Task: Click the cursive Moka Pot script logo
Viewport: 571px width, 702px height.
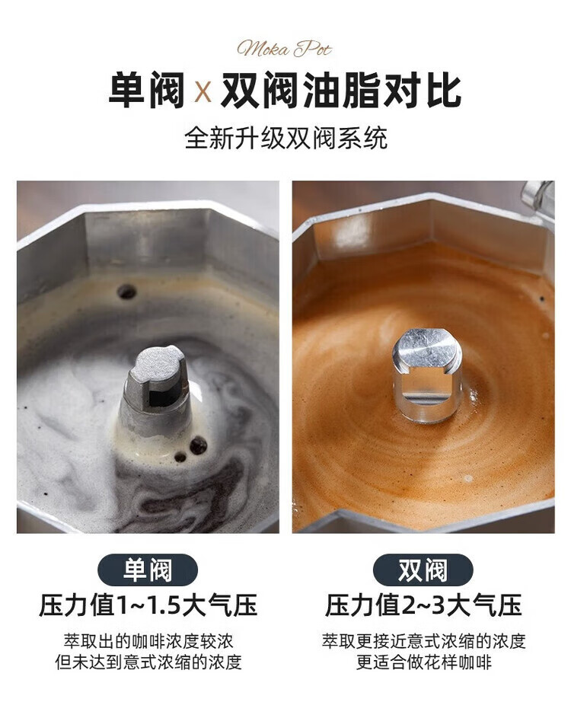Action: (285, 49)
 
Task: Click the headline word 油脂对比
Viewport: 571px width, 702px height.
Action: (382, 91)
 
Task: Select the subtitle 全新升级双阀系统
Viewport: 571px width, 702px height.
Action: (285, 139)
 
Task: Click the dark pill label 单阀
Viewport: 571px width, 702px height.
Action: (148, 570)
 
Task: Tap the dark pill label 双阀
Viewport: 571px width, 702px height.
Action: (423, 570)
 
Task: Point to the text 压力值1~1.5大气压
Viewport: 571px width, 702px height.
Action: (148, 605)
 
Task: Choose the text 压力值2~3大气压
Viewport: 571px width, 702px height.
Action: (423, 605)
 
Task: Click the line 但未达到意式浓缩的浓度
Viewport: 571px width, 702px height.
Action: (148, 662)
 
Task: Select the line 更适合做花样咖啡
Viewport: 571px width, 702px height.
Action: (423, 662)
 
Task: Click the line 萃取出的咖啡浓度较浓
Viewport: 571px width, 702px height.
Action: (148, 641)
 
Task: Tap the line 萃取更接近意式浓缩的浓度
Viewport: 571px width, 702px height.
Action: (423, 641)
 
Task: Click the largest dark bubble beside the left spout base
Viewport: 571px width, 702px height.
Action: (198, 445)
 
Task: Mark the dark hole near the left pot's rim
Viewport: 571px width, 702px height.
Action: (126, 292)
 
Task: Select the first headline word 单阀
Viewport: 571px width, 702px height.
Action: (147, 91)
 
